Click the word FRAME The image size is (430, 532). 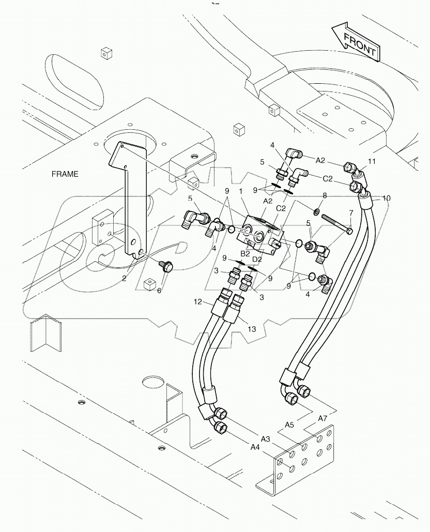pos(65,174)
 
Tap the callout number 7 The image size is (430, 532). pos(350,212)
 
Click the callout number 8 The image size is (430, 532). pos(325,196)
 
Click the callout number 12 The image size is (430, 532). pos(197,301)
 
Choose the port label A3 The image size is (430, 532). pos(265,438)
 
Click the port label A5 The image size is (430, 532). pos(289,425)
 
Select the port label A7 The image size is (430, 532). pos(322,418)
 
